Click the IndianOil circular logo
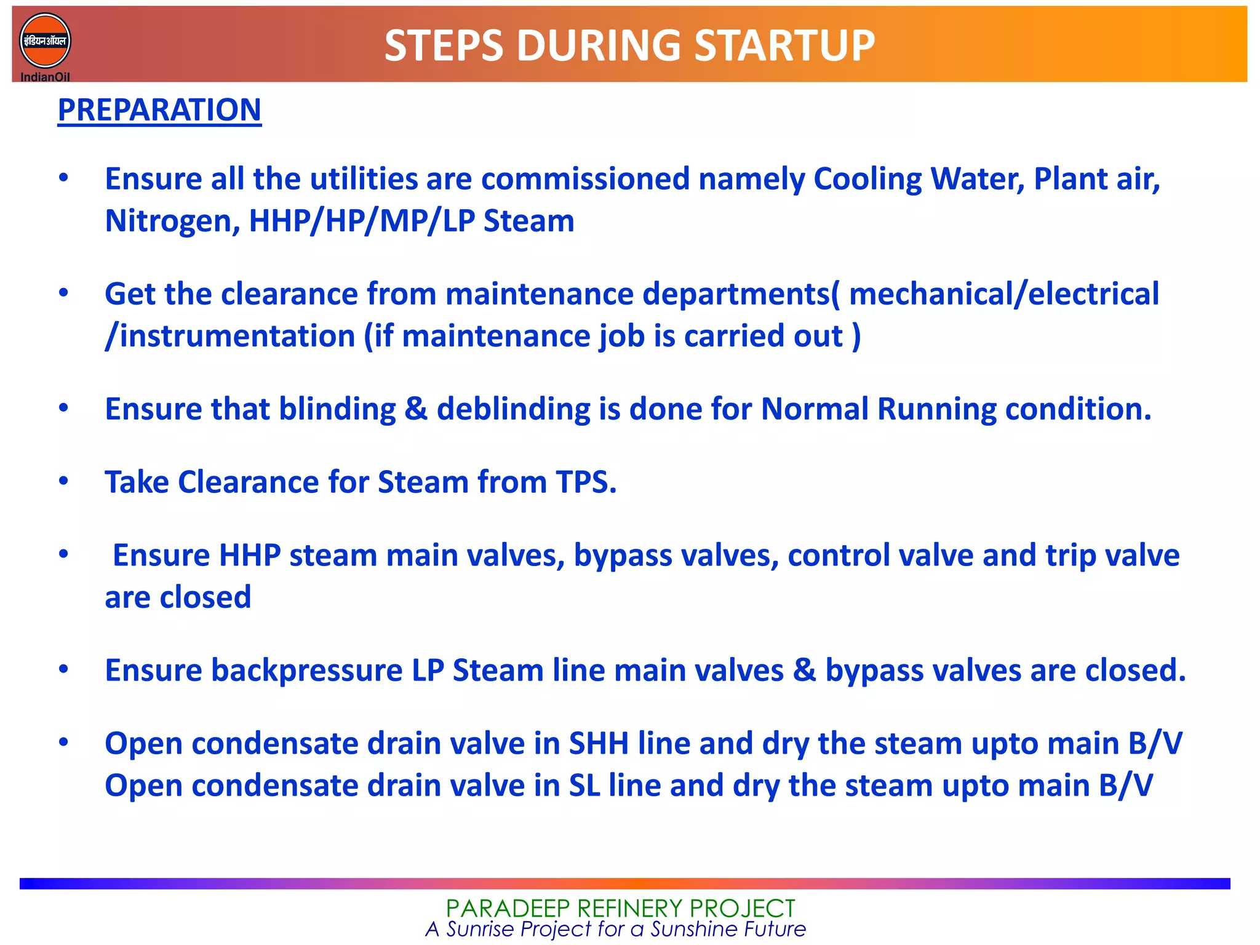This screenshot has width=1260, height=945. point(45,41)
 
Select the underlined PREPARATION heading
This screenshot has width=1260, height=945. point(159,110)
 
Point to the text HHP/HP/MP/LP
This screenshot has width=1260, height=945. point(361,221)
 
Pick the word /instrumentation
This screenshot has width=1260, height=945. point(230,337)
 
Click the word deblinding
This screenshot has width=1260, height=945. point(513,409)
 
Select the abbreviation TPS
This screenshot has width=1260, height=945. point(586,482)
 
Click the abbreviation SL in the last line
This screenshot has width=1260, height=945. point(584,786)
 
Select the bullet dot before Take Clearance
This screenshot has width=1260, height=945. point(63,481)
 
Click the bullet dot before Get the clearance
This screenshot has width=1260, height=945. point(63,293)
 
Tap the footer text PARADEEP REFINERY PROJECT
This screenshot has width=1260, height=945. point(620,908)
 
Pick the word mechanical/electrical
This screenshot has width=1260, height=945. point(1004,294)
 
